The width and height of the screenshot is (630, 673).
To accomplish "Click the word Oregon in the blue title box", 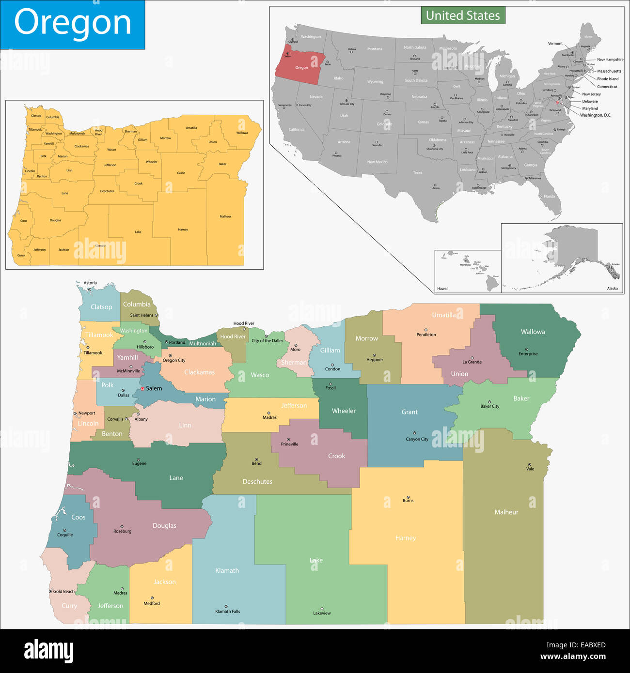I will click(73, 23).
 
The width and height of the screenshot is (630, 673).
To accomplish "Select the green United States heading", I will click(463, 15).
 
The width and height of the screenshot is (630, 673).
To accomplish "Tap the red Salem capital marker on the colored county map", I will click(142, 389).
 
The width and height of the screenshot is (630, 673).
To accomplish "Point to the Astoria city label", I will click(90, 283).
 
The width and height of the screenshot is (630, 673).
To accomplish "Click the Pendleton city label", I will click(426, 335).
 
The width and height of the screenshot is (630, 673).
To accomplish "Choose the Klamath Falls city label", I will click(227, 612).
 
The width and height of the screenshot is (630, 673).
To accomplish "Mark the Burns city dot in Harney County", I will click(408, 497).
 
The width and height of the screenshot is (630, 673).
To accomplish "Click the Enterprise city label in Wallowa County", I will click(528, 354).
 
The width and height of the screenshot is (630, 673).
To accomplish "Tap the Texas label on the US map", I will click(417, 173).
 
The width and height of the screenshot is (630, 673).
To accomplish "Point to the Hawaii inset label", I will click(442, 289).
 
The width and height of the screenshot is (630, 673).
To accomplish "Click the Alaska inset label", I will click(612, 289).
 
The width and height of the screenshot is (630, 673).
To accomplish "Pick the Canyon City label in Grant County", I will click(417, 439).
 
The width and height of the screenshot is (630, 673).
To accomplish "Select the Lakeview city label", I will click(322, 613).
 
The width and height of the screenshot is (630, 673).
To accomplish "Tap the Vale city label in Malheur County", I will click(530, 469).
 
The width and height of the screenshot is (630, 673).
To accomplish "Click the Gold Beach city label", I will click(64, 591).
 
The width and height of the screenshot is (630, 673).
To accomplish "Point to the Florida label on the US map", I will click(549, 197).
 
